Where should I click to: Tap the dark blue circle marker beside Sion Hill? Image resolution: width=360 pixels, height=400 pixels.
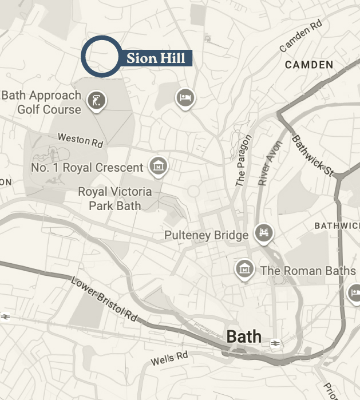point(101,56)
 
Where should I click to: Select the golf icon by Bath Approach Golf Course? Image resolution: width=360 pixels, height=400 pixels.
point(96,101)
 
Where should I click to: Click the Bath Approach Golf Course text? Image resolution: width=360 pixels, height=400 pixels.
point(41,102)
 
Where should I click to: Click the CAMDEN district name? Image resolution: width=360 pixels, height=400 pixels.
point(308,65)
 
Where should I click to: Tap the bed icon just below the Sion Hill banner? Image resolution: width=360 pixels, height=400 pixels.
point(185,97)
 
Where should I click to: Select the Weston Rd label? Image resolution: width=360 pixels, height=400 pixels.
point(80,140)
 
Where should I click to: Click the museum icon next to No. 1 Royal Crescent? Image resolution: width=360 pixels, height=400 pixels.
point(158,166)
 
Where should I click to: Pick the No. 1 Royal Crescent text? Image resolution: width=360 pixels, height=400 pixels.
point(87,168)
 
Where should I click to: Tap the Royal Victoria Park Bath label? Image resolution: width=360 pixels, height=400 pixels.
point(115,199)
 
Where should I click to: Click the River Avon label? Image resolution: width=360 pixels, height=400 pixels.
point(270,163)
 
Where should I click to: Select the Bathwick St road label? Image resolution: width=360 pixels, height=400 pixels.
point(312,155)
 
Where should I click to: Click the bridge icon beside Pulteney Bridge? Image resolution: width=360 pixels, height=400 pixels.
point(264,232)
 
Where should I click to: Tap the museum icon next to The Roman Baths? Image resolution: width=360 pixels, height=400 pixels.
point(244,268)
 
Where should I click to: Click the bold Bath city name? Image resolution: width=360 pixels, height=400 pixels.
point(244,336)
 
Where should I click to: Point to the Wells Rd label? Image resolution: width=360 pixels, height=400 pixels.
point(169,359)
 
